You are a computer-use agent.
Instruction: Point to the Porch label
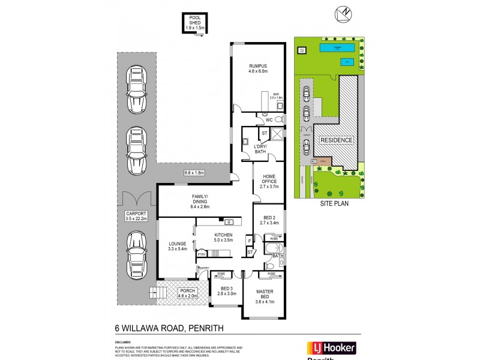tap(187, 292)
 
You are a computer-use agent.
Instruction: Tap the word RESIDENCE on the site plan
tap(337, 140)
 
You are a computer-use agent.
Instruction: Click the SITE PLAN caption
tap(334, 203)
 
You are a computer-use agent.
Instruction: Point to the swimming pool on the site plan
tap(339, 47)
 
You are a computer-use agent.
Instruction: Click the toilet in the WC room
tap(278, 119)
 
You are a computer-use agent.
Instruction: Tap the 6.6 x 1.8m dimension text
tap(194, 173)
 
